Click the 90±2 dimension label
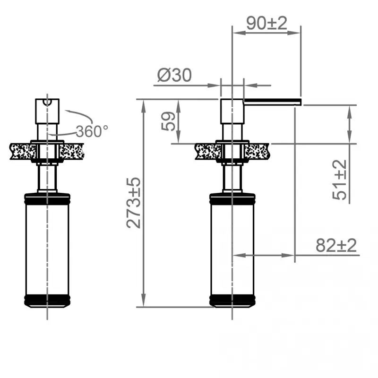pyautogui.click(x=266, y=23)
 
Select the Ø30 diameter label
pyautogui.click(x=174, y=75)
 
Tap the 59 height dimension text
pyautogui.click(x=168, y=121)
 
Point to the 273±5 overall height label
pyautogui.click(x=134, y=203)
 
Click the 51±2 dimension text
pyautogui.click(x=339, y=180)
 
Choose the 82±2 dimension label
pyautogui.click(x=336, y=246)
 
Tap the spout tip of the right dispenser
pyautogui.click(x=298, y=100)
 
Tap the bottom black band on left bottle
pyautogui.click(x=47, y=300)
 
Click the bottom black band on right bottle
pyautogui.click(x=232, y=300)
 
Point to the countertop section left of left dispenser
pyautogui.click(x=21, y=151)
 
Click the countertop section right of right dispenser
pyautogui.click(x=258, y=151)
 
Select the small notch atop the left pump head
pyautogui.click(x=47, y=102)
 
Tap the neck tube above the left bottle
pyautogui.click(x=47, y=177)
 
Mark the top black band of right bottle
pyautogui.click(x=232, y=198)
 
